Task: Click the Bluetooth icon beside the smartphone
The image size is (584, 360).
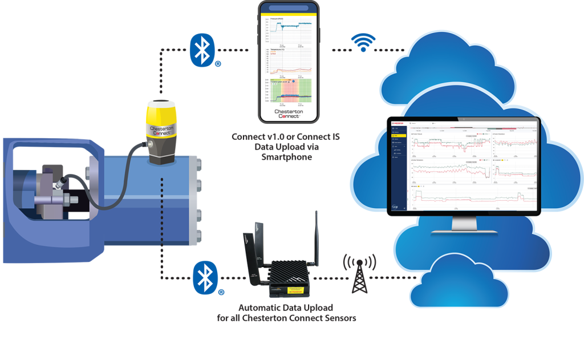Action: tap(201, 49)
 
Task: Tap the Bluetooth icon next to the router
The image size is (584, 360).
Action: tap(204, 277)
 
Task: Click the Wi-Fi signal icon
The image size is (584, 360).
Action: tap(363, 43)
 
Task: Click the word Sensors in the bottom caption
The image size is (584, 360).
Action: tap(340, 317)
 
